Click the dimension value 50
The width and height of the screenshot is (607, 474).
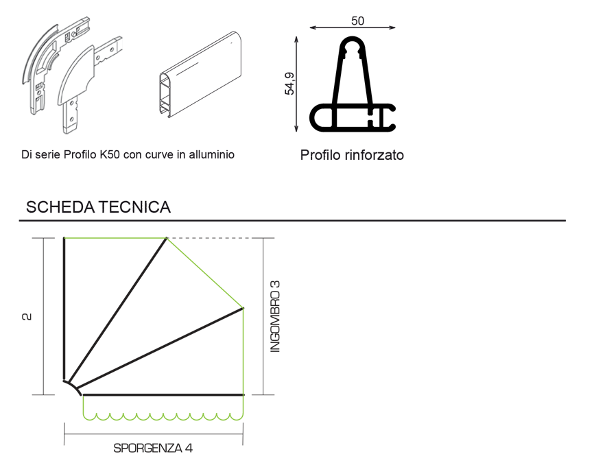[x=357, y=21]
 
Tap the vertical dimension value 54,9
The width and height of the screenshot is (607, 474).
[x=290, y=83]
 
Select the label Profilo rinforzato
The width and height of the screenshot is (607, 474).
[x=352, y=155]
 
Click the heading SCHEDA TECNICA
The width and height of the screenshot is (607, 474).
[x=98, y=207]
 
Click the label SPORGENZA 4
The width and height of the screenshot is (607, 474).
[x=153, y=449]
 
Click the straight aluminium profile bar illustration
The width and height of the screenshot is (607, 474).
[x=200, y=72]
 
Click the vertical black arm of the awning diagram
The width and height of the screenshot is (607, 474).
[x=64, y=309]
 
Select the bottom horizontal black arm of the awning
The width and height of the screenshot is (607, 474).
[x=163, y=395]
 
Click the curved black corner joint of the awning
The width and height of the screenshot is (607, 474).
[x=71, y=387]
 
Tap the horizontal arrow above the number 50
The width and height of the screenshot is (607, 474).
[x=352, y=28]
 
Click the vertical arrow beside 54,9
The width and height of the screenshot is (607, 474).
[x=296, y=83]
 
